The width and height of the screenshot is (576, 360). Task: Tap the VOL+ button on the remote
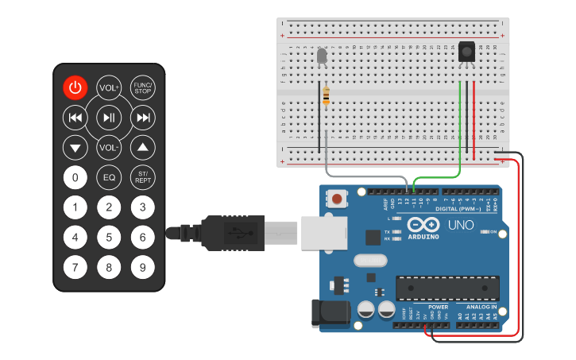click(x=109, y=87)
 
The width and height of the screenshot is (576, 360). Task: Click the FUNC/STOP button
click(x=143, y=87)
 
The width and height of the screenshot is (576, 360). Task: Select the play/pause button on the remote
click(x=109, y=118)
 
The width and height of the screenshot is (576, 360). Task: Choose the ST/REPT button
click(x=143, y=177)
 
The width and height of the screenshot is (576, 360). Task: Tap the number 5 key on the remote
click(x=109, y=237)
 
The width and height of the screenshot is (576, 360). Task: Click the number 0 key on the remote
click(x=75, y=177)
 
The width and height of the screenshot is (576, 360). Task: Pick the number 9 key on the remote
click(x=143, y=267)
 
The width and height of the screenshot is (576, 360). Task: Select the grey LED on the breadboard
click(x=322, y=56)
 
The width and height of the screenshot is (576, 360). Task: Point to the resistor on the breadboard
click(x=326, y=96)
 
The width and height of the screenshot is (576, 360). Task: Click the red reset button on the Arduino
click(x=338, y=199)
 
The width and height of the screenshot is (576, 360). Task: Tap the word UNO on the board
click(x=461, y=225)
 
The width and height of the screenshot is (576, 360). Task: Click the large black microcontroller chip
click(x=447, y=288)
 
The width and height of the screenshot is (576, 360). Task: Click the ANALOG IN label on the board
click(x=481, y=306)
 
